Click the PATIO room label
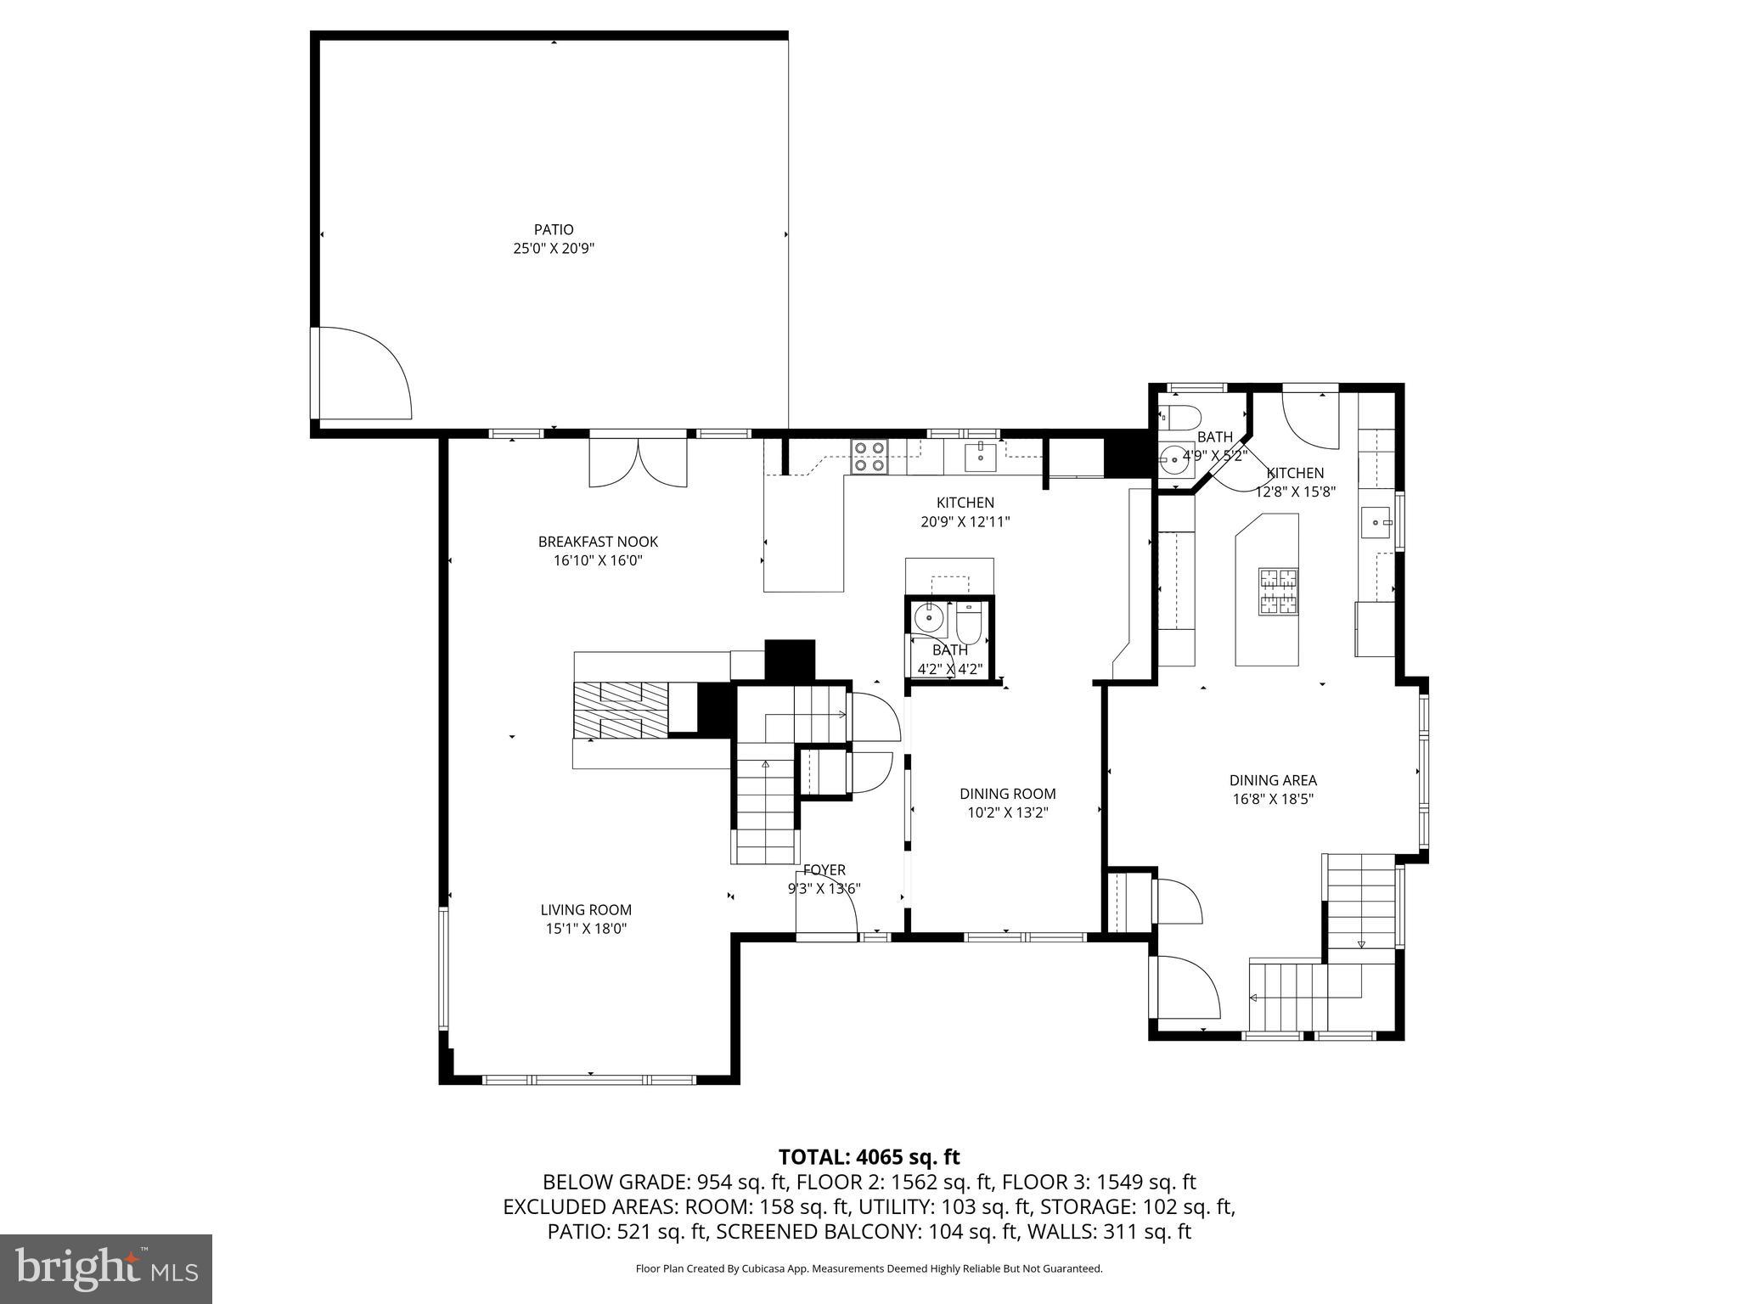554,229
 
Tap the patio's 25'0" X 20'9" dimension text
554,249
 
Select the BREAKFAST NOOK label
598,542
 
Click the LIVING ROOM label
586,910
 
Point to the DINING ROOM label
1008,794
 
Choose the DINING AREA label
1273,780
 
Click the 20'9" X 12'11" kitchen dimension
965,522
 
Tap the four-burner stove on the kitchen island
1279,591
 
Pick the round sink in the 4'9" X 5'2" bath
1174,458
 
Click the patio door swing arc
374,374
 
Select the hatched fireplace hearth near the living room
621,710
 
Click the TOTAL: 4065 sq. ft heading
869,1157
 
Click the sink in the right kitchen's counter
1375,522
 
